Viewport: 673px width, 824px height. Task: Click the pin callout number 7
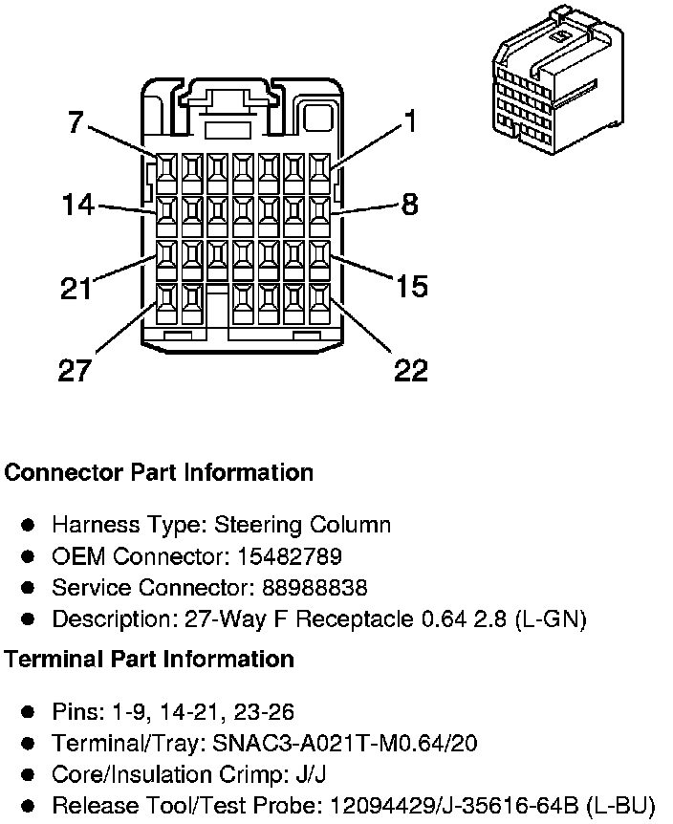[76, 122]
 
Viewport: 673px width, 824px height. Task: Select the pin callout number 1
[409, 121]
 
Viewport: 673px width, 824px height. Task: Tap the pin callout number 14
[78, 205]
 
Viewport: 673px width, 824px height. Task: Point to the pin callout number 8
[409, 205]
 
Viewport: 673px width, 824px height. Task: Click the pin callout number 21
[76, 288]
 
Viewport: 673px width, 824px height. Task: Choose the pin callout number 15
[411, 287]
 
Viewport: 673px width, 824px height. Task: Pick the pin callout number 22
[411, 371]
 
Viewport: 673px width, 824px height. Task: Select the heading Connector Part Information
[159, 472]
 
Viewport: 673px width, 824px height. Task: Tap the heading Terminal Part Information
[149, 659]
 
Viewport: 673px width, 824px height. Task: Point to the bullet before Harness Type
[29, 525]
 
